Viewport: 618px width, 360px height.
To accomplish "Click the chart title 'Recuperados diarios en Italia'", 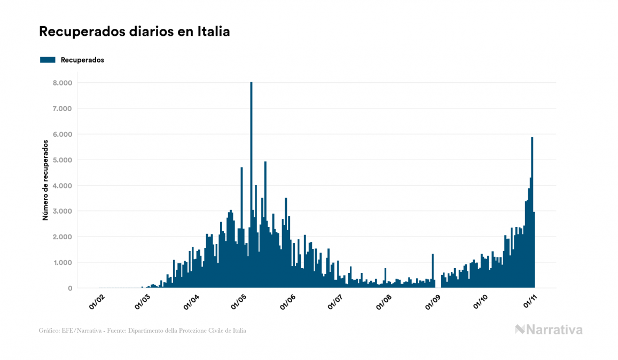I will pyautogui.click(x=135, y=32).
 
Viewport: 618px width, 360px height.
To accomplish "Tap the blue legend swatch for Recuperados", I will pyautogui.click(x=48, y=60).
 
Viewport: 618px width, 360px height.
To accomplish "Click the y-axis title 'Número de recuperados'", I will pyautogui.click(x=46, y=180).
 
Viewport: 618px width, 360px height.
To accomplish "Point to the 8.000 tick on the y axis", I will pyautogui.click(x=61, y=83).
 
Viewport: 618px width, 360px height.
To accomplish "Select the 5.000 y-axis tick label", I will pyautogui.click(x=61, y=160).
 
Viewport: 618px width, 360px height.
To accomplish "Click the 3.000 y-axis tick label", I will pyautogui.click(x=61, y=211).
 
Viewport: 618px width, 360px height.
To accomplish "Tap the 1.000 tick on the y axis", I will pyautogui.click(x=61, y=262).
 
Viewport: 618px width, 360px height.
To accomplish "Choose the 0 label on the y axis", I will pyautogui.click(x=69, y=288).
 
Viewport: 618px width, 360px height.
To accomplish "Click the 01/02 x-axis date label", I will pyautogui.click(x=97, y=302).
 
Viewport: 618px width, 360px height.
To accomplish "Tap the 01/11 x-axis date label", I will pyautogui.click(x=529, y=302).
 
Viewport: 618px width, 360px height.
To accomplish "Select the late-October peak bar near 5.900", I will pyautogui.click(x=532, y=214).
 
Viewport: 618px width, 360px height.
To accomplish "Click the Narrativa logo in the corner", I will pyautogui.click(x=549, y=330).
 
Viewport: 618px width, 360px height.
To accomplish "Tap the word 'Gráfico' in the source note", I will pyautogui.click(x=49, y=331).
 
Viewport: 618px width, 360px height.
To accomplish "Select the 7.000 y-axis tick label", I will pyautogui.click(x=61, y=108).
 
